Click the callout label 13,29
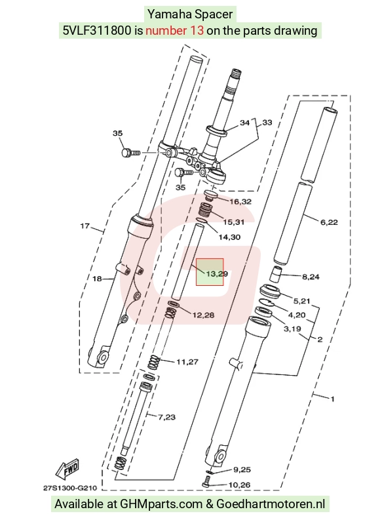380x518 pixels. [x=217, y=274]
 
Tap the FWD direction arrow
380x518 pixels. [x=67, y=469]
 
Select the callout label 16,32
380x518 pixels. [x=240, y=201]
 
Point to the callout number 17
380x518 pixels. [x=85, y=226]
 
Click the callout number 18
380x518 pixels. [x=97, y=279]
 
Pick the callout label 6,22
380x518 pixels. [x=329, y=222]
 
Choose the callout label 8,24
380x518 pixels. [x=311, y=277]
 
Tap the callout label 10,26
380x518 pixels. [x=239, y=485]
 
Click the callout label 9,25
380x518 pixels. [x=242, y=469]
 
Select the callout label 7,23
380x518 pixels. [x=166, y=417]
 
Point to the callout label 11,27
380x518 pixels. [x=187, y=362]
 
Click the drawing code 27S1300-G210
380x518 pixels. [x=70, y=488]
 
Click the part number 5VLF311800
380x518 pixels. [x=97, y=31]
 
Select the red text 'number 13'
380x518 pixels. [x=174, y=31]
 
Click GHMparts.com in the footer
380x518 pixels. [x=161, y=504]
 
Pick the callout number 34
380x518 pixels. [x=244, y=123]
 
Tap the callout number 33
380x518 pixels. [x=267, y=123]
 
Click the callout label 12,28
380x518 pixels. [x=203, y=315]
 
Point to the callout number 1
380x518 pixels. [x=332, y=399]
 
